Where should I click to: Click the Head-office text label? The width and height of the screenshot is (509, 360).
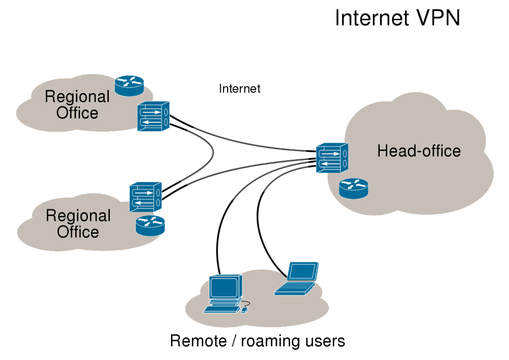pos(419,151)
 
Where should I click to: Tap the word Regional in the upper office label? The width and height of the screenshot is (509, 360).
pos(77,96)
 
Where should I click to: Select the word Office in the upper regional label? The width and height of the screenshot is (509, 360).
pos(77,113)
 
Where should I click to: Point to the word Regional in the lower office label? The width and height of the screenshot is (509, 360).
pos(78,216)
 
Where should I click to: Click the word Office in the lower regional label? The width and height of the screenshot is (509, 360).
pos(78,232)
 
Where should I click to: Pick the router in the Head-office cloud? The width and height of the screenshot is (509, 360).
pos(354,188)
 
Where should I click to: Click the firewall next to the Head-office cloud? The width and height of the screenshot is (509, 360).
pos(332,158)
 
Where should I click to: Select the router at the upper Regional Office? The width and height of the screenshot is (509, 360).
pos(129,85)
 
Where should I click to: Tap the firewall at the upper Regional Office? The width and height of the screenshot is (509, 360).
pos(153,116)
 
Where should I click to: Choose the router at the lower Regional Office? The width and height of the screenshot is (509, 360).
pos(150,225)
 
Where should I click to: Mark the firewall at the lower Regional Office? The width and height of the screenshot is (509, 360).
pos(146,197)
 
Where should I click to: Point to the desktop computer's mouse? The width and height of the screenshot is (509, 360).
pos(244,310)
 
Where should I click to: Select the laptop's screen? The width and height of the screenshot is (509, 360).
pos(303,271)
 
